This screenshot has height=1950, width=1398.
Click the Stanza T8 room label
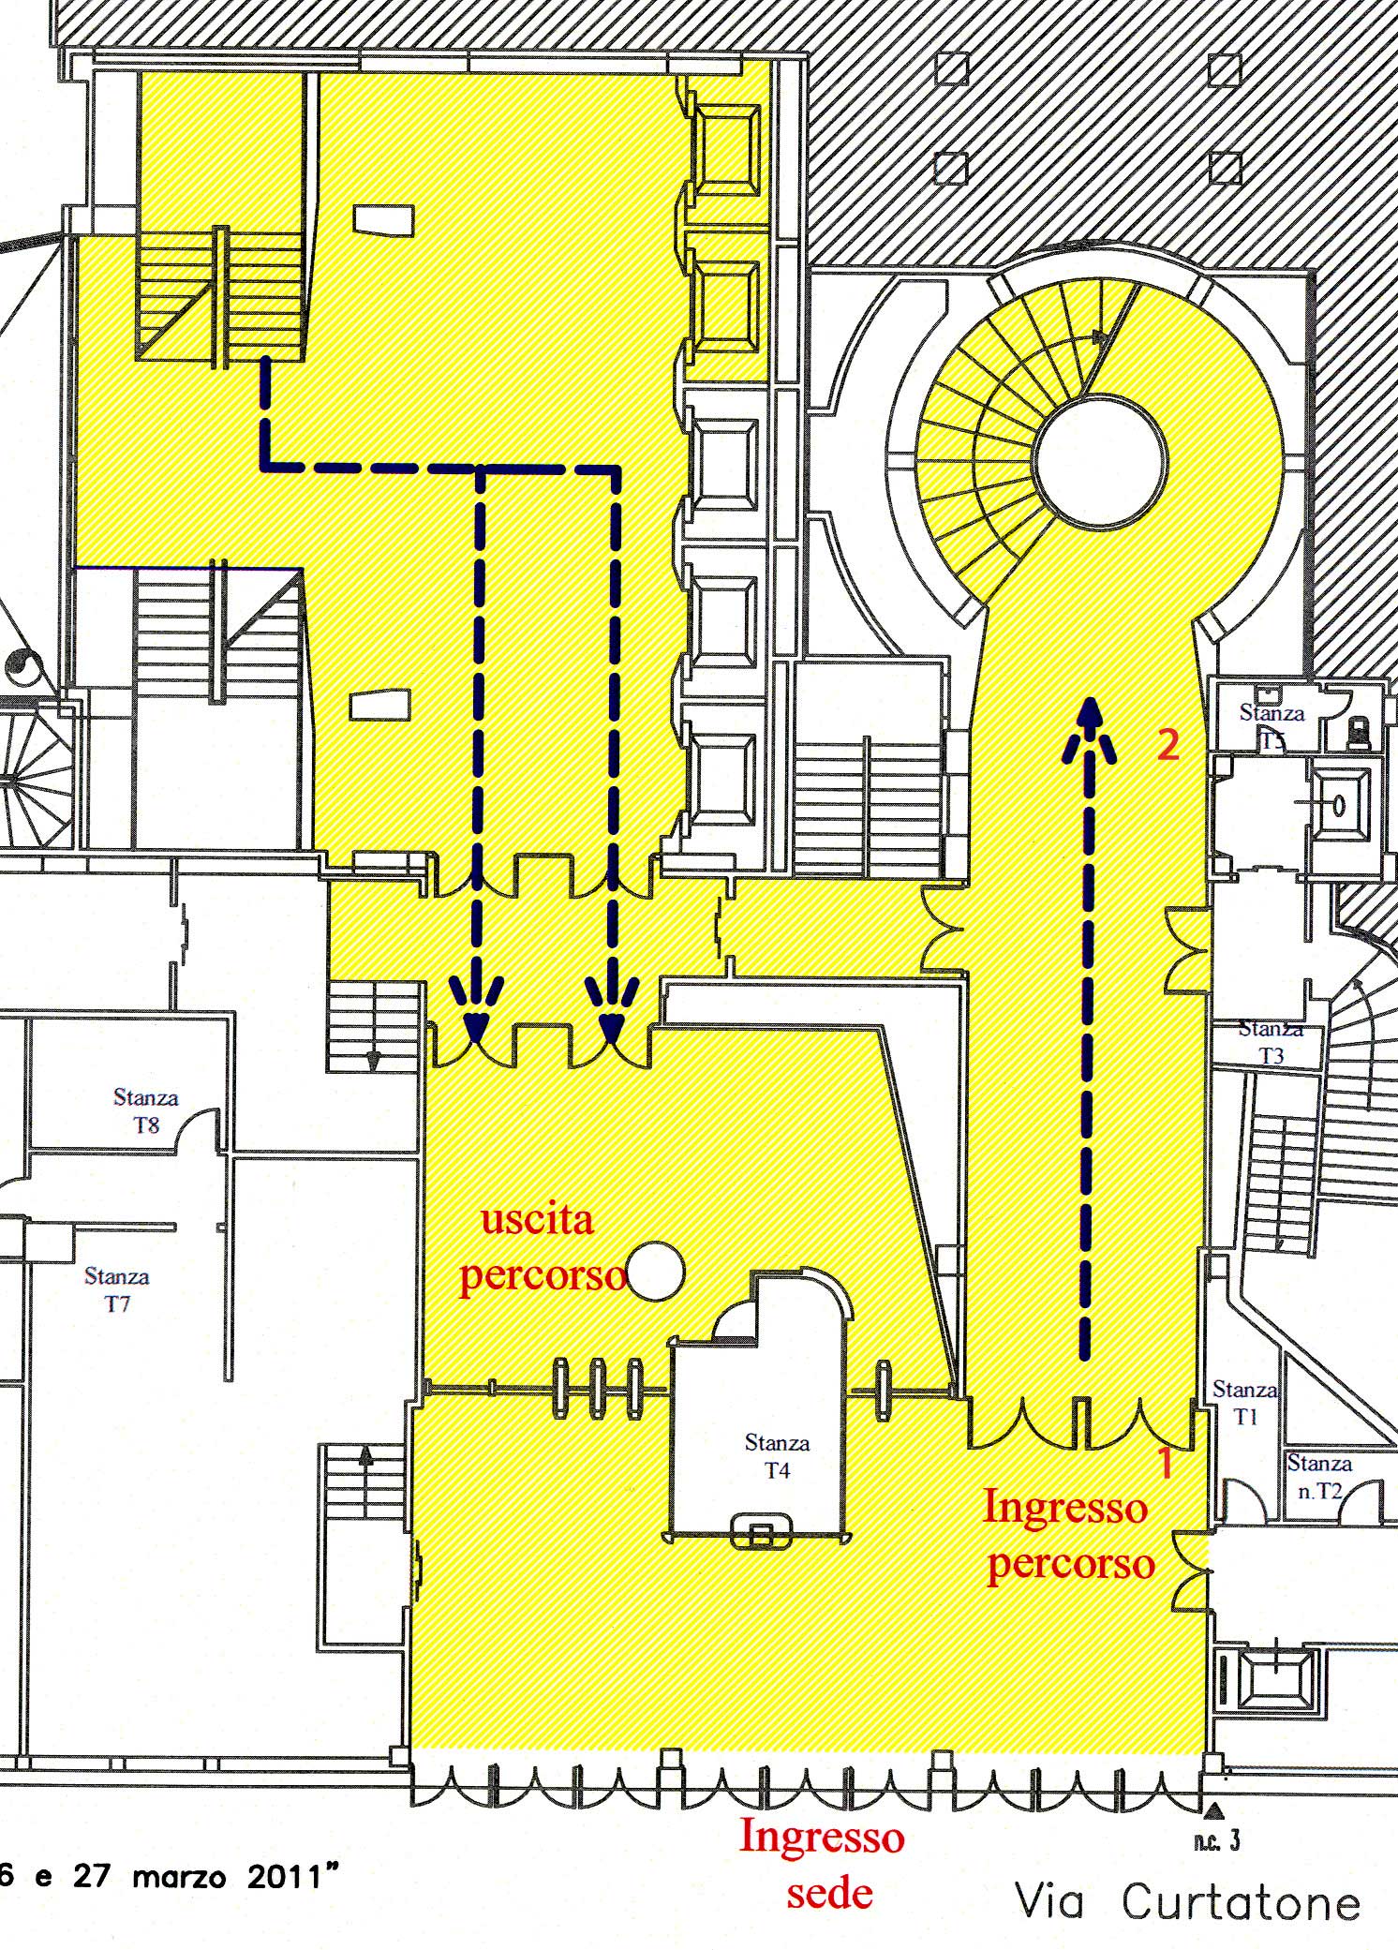145,1110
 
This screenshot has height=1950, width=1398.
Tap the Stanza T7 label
116,1289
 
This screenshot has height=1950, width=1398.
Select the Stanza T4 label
777,1456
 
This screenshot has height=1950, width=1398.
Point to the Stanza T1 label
1244,1403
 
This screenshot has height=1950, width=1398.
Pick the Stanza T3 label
1271,1042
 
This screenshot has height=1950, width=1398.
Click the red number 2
1167,745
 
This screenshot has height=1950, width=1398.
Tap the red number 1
1166,1463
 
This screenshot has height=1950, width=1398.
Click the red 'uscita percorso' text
542,1248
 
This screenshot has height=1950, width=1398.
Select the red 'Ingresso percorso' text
1068,1536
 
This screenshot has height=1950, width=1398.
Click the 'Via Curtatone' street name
1187,1902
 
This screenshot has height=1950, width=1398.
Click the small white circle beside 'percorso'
655,1272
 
